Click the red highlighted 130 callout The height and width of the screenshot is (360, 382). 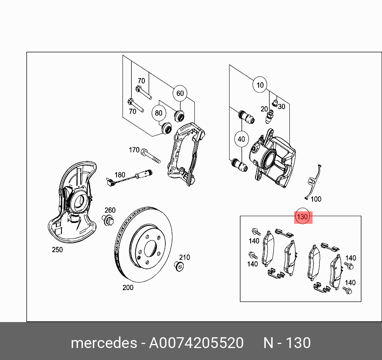pyautogui.click(x=303, y=217)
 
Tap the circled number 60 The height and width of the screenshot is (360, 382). pyautogui.click(x=180, y=93)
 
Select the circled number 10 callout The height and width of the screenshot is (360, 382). pyautogui.click(x=260, y=85)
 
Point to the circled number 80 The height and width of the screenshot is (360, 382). pyautogui.click(x=159, y=113)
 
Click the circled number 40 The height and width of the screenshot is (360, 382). pyautogui.click(x=241, y=139)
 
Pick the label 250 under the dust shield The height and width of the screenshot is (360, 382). pyautogui.click(x=57, y=250)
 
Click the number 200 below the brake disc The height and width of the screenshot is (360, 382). pyautogui.click(x=128, y=287)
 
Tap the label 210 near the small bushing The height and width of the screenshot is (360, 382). pyautogui.click(x=184, y=257)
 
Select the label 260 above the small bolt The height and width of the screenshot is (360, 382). pyautogui.click(x=110, y=210)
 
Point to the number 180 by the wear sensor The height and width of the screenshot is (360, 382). pyautogui.click(x=120, y=175)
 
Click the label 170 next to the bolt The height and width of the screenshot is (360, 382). pyautogui.click(x=134, y=150)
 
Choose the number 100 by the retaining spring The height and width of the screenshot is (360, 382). pyautogui.click(x=316, y=199)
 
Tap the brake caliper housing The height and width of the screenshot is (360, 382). pyautogui.click(x=275, y=160)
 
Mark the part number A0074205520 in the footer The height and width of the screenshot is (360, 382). pyautogui.click(x=196, y=343)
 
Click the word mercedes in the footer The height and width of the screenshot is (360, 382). pyautogui.click(x=103, y=343)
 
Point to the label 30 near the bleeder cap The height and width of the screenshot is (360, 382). pyautogui.click(x=282, y=107)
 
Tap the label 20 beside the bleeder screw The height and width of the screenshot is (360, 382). pyautogui.click(x=264, y=109)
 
